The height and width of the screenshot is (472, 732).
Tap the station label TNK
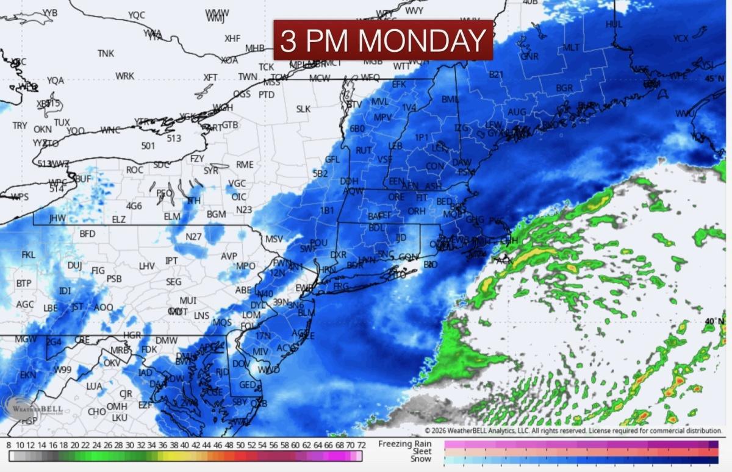(x=106, y=54)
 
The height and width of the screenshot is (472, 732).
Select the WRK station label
(x=125, y=76)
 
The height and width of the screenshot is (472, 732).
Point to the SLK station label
(x=303, y=109)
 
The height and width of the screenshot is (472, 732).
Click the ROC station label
(x=135, y=170)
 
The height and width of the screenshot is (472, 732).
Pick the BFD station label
(x=88, y=234)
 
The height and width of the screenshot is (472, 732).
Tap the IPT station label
(x=172, y=261)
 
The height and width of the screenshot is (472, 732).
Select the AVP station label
(x=229, y=256)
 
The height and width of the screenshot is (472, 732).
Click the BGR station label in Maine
(x=564, y=88)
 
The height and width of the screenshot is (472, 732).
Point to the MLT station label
(x=572, y=48)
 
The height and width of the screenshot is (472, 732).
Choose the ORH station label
(x=416, y=211)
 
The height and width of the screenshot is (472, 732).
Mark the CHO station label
(x=96, y=412)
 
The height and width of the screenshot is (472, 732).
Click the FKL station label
(x=29, y=255)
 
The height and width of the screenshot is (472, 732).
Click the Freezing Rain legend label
(x=404, y=443)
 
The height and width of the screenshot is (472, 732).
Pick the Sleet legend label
(x=420, y=451)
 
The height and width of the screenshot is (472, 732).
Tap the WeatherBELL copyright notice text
(x=573, y=431)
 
